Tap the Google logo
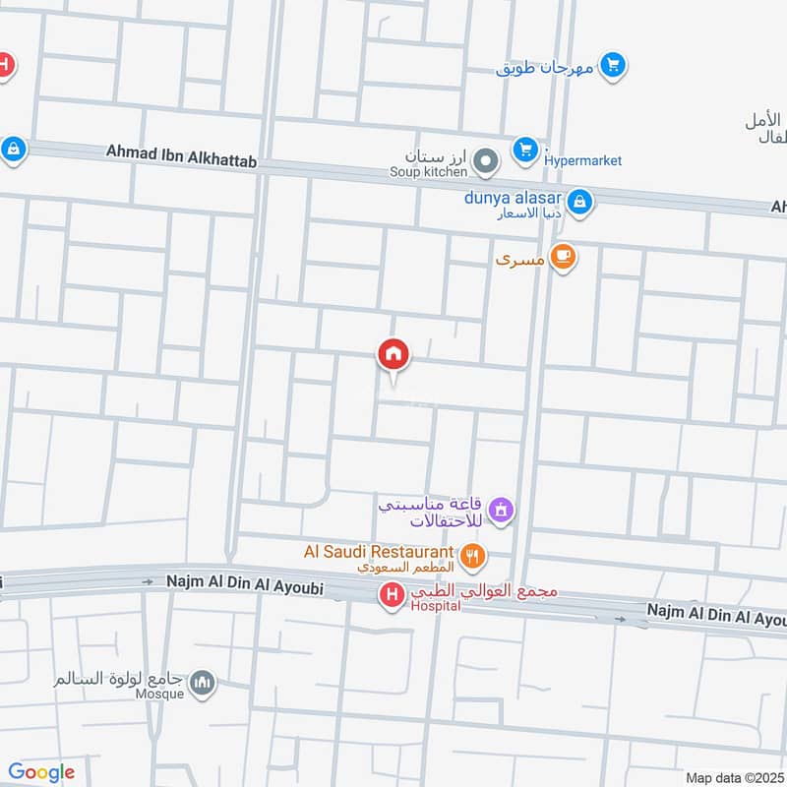[x=41, y=772]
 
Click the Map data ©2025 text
[x=735, y=777]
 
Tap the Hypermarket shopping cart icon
[x=525, y=151]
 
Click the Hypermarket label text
[x=583, y=160]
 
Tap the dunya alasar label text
[x=513, y=197]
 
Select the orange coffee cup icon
[x=563, y=258]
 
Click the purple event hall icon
[x=502, y=510]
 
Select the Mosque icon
[x=203, y=683]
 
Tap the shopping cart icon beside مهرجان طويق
[x=614, y=66]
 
